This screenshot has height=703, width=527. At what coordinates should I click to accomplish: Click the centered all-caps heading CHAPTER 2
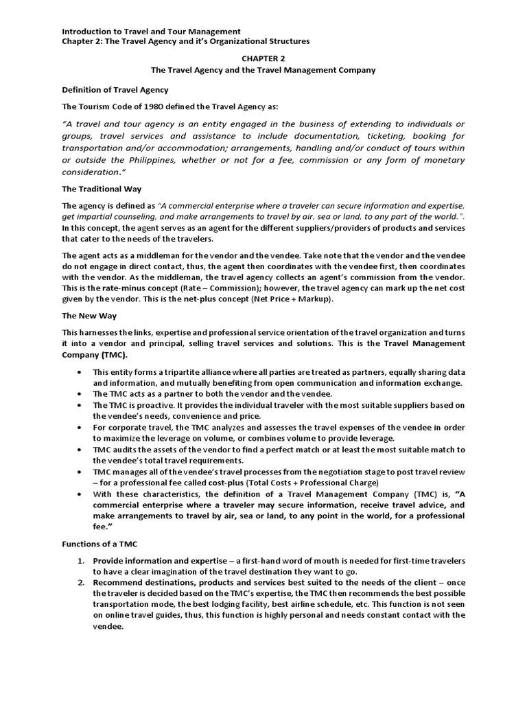(x=263, y=59)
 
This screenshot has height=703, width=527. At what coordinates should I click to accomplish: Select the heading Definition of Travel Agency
(x=115, y=90)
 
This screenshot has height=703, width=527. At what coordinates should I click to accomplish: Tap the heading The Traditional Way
(x=102, y=189)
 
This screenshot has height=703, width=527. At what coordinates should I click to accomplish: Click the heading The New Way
(x=89, y=316)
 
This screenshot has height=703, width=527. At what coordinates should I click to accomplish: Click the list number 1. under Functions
(x=80, y=561)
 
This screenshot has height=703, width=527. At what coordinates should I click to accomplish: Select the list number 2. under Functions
(x=80, y=583)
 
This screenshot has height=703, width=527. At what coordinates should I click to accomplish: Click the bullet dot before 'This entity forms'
(x=80, y=371)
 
